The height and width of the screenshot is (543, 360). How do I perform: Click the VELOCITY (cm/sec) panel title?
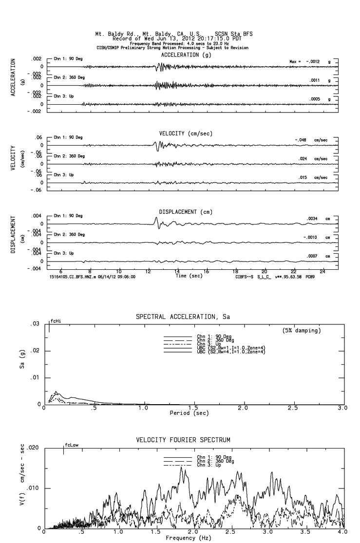pos(186,133)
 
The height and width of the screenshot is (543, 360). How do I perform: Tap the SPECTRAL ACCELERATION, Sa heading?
pos(183,317)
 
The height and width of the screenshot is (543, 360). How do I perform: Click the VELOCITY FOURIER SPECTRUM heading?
pos(183,440)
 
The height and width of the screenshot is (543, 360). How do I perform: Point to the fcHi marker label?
pos(56,321)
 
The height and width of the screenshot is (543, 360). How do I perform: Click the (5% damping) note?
pos(302,331)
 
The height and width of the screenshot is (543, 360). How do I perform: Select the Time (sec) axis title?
pos(188,276)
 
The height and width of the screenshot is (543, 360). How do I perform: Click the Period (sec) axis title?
pos(189,413)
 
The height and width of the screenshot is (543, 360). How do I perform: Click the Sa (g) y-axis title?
pos(22,364)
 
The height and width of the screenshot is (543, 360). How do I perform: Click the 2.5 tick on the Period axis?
pos(293,408)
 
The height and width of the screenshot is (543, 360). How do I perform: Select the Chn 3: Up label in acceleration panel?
pos(64,96)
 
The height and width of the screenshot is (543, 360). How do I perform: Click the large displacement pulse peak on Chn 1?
pos(156,218)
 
